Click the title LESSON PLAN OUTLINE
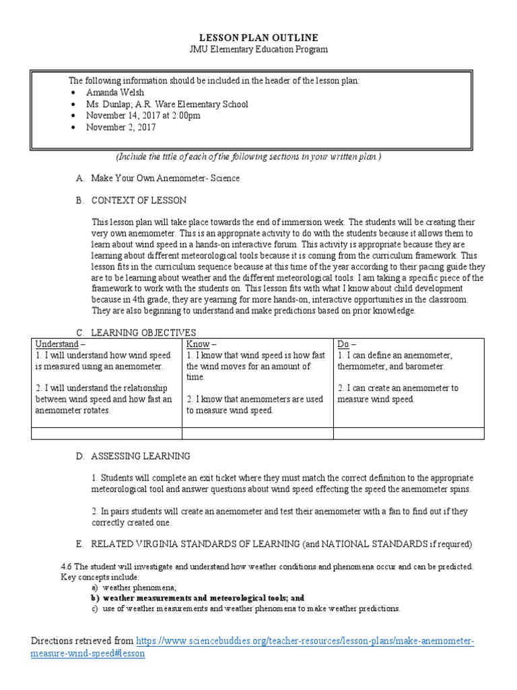(x=258, y=38)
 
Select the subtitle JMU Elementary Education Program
(x=258, y=50)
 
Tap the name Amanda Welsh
(x=116, y=92)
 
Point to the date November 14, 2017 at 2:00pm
(x=143, y=116)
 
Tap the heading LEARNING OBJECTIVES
(x=143, y=332)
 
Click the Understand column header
(x=57, y=344)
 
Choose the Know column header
(x=200, y=344)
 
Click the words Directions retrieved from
(x=82, y=641)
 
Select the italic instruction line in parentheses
(x=248, y=157)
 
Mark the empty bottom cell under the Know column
(x=257, y=433)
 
